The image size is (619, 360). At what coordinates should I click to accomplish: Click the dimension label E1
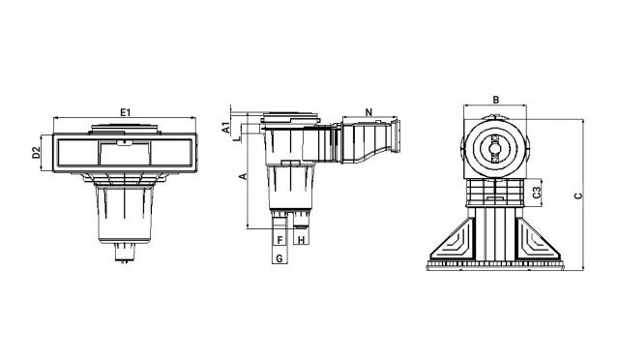[126, 112]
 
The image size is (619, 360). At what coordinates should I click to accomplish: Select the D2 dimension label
[36, 152]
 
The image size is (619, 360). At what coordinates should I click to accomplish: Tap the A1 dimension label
[225, 127]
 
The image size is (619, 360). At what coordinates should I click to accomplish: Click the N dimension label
[369, 112]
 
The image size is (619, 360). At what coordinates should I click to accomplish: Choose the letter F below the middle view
[279, 238]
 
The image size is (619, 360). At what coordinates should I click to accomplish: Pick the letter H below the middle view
[301, 238]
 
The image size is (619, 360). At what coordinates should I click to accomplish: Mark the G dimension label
[279, 258]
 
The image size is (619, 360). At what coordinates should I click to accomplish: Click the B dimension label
[494, 99]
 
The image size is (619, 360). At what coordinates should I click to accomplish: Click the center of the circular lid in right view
[494, 148]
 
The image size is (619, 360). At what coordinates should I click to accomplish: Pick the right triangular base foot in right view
[538, 242]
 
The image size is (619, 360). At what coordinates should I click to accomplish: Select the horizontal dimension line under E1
[126, 120]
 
